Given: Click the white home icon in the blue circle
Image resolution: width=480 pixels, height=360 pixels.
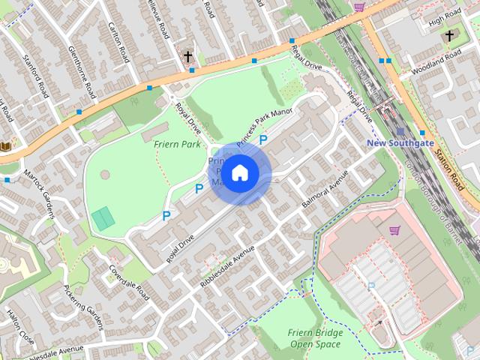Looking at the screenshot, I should (x=239, y=173).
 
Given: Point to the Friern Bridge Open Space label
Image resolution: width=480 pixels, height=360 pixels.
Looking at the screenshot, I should (x=315, y=338).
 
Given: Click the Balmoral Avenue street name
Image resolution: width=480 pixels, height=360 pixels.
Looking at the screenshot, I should (x=325, y=193).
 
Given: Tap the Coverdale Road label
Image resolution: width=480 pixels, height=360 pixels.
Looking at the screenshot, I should (x=130, y=282).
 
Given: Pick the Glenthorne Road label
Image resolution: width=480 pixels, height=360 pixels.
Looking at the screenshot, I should (x=82, y=70).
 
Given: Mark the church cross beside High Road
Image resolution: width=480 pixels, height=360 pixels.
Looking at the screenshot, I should (x=449, y=35).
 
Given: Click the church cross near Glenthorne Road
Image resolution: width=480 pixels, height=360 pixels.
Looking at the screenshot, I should (x=188, y=56).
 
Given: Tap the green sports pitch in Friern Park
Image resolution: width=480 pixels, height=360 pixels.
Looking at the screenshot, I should (x=103, y=218).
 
